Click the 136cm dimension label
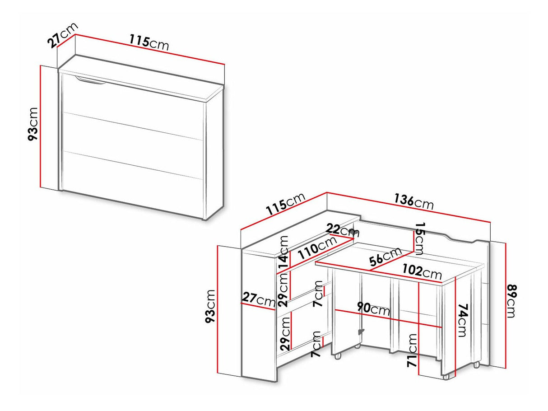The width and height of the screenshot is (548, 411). (x=413, y=201)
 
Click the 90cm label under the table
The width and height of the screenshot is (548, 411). (x=373, y=309)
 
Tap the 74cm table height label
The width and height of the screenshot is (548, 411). (x=464, y=320)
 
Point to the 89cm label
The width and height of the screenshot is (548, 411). (x=511, y=301)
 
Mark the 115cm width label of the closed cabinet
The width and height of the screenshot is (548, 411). (x=149, y=42)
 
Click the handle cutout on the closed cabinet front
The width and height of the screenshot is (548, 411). (x=90, y=81)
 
